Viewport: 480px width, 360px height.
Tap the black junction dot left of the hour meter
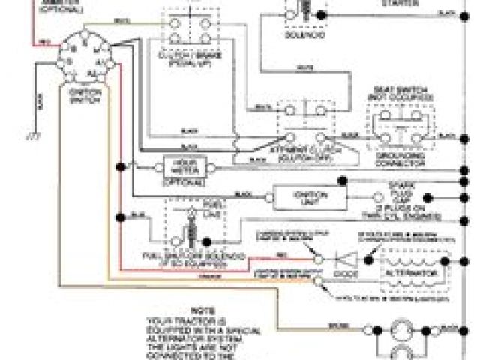pos(118,165)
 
